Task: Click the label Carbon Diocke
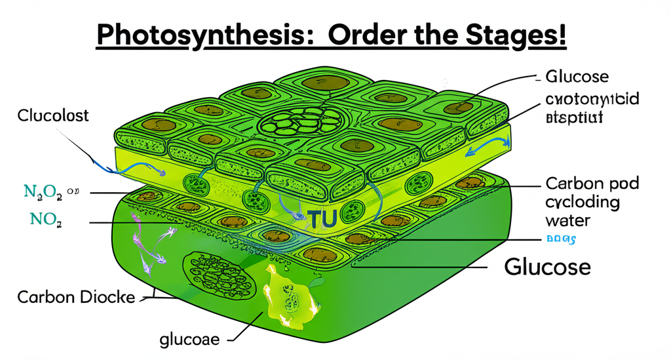[76, 297]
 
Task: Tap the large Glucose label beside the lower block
[548, 267]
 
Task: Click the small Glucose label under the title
[577, 77]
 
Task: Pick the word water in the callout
[568, 220]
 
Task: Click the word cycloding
[581, 201]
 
